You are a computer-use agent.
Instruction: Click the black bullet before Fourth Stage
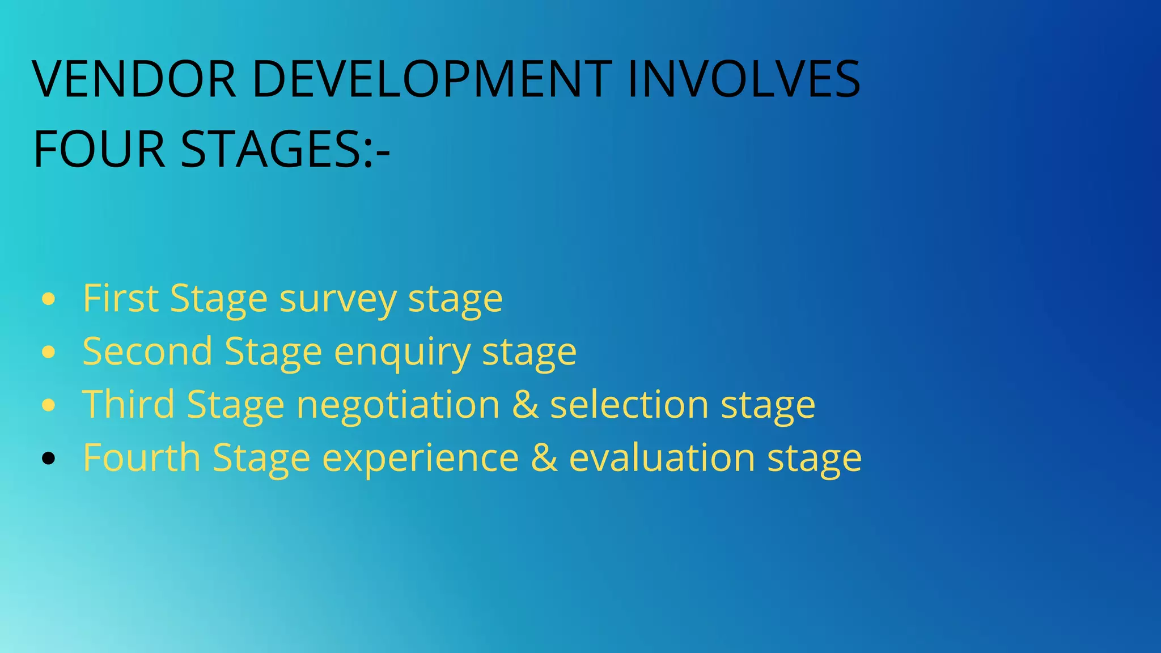coord(49,458)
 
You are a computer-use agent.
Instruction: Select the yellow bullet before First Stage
coord(49,299)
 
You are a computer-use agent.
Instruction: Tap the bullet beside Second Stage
coord(49,352)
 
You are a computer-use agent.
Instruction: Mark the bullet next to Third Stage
coord(49,405)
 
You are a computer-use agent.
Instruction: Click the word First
coord(120,298)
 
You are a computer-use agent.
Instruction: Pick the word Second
coord(147,351)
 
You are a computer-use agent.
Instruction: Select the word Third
coord(129,405)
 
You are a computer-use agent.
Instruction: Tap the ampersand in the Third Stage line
coord(525,405)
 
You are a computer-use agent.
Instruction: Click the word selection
coord(629,405)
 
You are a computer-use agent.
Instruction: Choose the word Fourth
coord(142,457)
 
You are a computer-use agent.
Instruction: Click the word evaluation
coord(662,457)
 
